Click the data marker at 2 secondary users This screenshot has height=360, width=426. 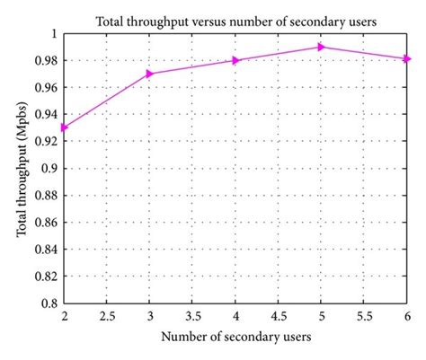pyautogui.click(x=64, y=127)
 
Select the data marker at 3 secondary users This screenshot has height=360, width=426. pyautogui.click(x=150, y=74)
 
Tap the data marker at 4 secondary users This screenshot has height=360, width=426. pyautogui.click(x=236, y=60)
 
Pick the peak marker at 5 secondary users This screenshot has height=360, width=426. pyautogui.click(x=322, y=47)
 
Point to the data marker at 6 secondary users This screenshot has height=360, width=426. pyautogui.click(x=407, y=59)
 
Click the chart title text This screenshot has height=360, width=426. pyautogui.click(x=236, y=20)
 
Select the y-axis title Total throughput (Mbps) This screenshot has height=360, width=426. pyautogui.click(x=21, y=168)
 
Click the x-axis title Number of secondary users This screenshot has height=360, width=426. pyautogui.click(x=235, y=338)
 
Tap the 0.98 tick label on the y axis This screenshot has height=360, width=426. pyautogui.click(x=45, y=60)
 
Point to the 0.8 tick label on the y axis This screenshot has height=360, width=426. pyautogui.click(x=50, y=303)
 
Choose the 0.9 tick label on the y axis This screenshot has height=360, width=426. pyautogui.click(x=50, y=168)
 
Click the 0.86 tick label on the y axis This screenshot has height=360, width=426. pyautogui.click(x=45, y=223)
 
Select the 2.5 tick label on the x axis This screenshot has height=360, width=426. pyautogui.click(x=107, y=317)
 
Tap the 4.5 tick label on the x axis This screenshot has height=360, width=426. pyautogui.click(x=279, y=317)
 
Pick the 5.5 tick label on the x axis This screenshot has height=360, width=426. pyautogui.click(x=365, y=317)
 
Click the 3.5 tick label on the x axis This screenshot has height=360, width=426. pyautogui.click(x=192, y=317)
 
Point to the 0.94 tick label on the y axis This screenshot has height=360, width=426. pyautogui.click(x=45, y=114)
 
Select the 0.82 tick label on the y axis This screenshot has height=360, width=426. pyautogui.click(x=45, y=277)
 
